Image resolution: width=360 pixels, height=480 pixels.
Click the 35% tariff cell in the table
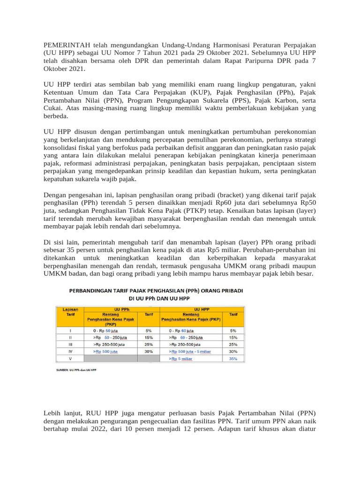coord(233,359)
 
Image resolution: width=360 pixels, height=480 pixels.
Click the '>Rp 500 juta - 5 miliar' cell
coord(191,351)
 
